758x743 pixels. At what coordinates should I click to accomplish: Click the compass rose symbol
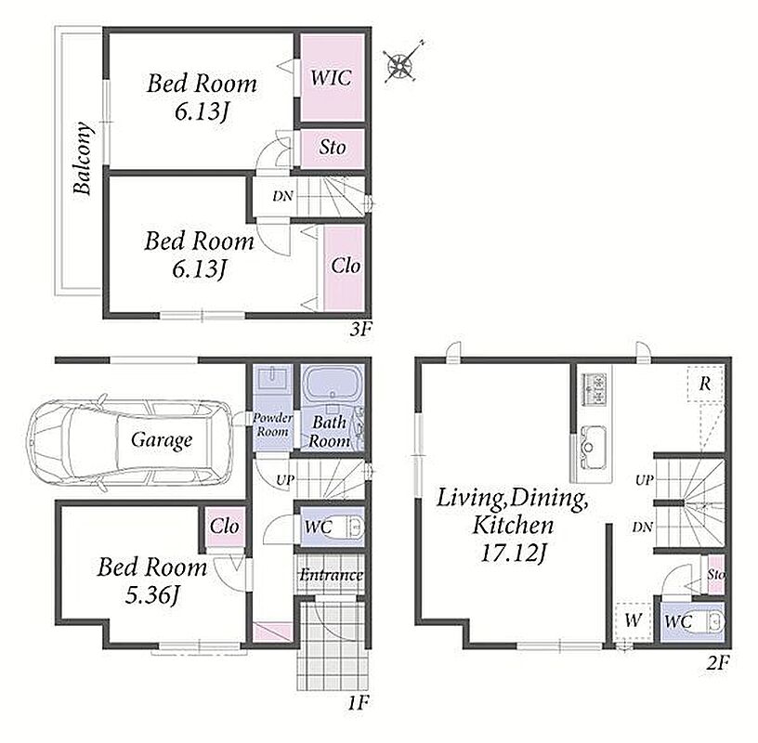click(399, 64)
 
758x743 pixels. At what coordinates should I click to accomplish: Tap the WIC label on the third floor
click(331, 78)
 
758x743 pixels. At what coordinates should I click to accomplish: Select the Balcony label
click(82, 158)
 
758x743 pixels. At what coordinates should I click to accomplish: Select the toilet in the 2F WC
click(711, 622)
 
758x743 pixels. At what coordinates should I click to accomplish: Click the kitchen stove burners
click(595, 387)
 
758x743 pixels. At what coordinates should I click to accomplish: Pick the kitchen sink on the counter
click(593, 447)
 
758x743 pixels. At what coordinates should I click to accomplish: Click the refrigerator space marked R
click(705, 384)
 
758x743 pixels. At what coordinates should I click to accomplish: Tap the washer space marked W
click(633, 620)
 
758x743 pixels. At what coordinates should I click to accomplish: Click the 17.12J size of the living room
click(513, 553)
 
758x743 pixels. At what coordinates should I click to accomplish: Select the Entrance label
click(331, 575)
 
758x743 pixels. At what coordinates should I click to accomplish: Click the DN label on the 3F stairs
click(282, 196)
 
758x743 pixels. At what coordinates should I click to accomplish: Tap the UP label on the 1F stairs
click(285, 480)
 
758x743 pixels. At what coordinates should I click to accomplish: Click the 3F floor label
click(360, 330)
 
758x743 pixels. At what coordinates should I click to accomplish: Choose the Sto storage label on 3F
click(333, 148)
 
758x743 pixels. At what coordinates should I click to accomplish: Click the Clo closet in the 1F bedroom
click(224, 527)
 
